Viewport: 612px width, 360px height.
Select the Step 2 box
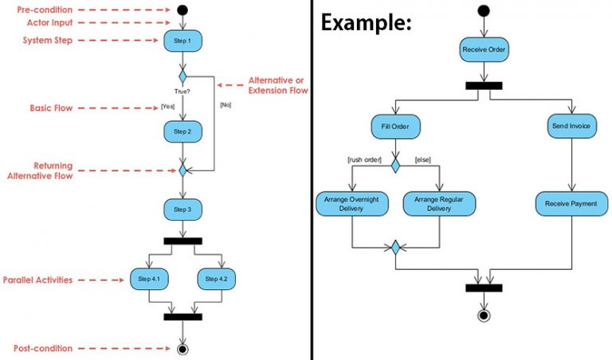pyautogui.click(x=182, y=131)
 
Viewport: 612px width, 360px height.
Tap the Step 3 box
pyautogui.click(x=182, y=210)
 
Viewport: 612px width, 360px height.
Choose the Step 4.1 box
pyautogui.click(x=149, y=279)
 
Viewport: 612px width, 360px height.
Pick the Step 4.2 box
pyautogui.click(x=216, y=279)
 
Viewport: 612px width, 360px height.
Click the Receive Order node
pyautogui.click(x=484, y=50)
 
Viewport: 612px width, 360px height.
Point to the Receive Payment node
pyautogui.click(x=571, y=204)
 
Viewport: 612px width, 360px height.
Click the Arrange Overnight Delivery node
pyautogui.click(x=351, y=204)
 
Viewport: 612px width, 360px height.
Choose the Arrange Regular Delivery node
pyautogui.click(x=439, y=204)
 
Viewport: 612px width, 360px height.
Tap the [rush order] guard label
pyautogui.click(x=364, y=160)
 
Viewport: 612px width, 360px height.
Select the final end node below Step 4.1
pyautogui.click(x=182, y=348)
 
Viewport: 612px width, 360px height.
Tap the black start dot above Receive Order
pyautogui.click(x=484, y=10)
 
